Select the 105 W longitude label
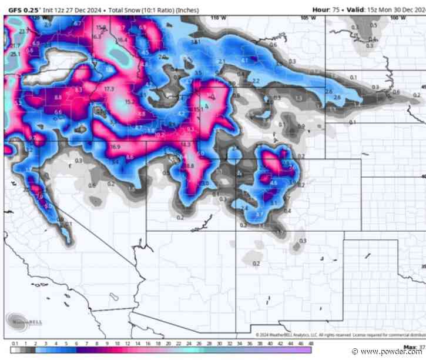[304, 18]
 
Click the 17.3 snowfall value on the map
[109, 89]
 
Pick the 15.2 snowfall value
[129, 101]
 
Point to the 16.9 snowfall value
[115, 146]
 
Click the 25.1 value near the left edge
[15, 54]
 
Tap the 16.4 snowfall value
[122, 40]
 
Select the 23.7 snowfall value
[23, 31]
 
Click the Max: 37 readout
[414, 346]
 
